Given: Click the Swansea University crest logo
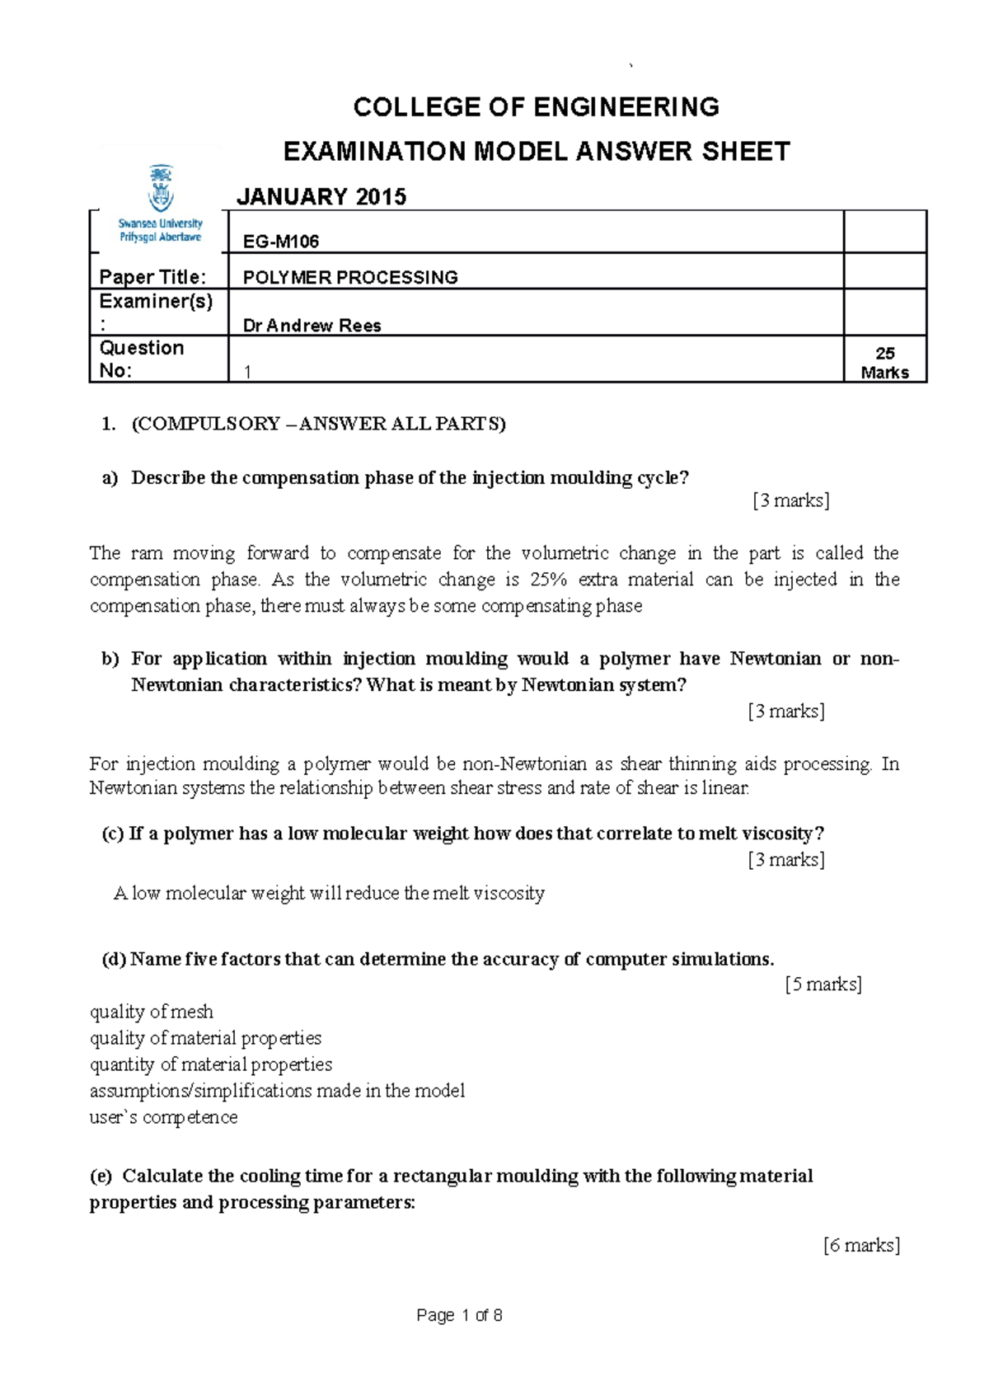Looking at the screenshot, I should tap(160, 188).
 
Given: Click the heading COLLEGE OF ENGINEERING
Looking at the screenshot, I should tap(536, 107).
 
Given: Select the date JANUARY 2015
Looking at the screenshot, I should tap(321, 196).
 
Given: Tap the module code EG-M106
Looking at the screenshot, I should tap(281, 242).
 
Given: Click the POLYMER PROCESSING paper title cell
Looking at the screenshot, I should tap(350, 278).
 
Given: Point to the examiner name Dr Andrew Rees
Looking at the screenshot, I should tap(312, 326).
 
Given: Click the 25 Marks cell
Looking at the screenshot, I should tap(884, 363).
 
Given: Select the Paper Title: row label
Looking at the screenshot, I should tap(152, 277).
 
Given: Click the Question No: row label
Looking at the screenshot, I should tap(141, 359).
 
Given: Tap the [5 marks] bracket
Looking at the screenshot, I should tap(823, 984).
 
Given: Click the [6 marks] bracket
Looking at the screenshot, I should tap(861, 1245).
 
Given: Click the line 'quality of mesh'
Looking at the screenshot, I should tap(152, 1012).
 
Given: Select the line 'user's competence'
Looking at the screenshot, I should tap(163, 1117).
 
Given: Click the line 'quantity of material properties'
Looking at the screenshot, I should tap(211, 1064).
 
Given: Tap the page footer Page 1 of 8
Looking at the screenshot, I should tap(459, 1315).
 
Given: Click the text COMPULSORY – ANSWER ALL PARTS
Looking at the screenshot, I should tap(318, 424).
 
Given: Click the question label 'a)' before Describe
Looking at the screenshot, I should tap(110, 478).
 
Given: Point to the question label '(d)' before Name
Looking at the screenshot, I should tap(113, 959).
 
